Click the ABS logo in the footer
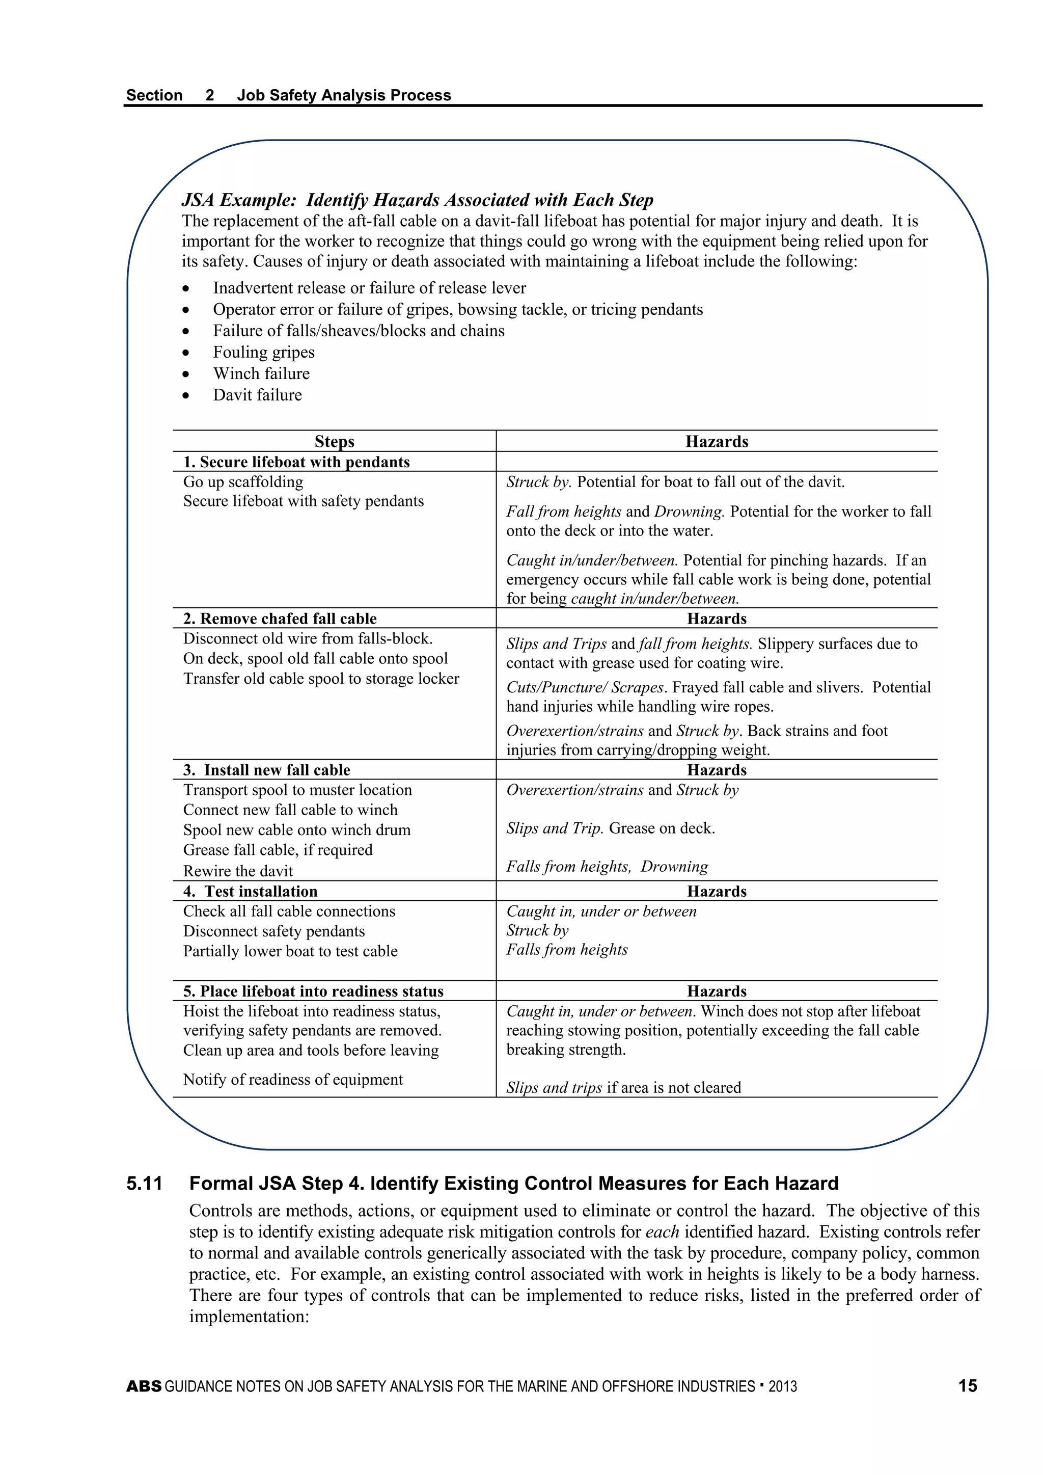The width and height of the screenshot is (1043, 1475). click(144, 1386)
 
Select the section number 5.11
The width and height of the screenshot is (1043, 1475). click(145, 1184)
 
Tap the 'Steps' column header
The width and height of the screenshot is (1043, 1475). click(334, 441)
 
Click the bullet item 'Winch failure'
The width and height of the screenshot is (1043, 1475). click(261, 374)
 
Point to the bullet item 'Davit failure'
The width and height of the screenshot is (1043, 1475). click(258, 395)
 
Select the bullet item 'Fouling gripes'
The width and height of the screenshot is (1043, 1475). click(264, 352)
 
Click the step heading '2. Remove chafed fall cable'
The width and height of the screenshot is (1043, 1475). click(280, 619)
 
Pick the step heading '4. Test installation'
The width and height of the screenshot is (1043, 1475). click(251, 891)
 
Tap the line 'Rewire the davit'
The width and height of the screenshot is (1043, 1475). click(238, 871)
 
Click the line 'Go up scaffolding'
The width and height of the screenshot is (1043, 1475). click(243, 482)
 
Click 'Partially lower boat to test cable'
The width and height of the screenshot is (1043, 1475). click(290, 951)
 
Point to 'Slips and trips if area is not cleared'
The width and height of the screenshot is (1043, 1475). click(623, 1088)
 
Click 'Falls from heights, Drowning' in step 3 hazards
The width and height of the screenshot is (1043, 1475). click(607, 867)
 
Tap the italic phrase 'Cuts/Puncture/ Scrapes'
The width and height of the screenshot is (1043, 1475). click(585, 687)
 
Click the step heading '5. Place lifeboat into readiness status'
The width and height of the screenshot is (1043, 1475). click(313, 991)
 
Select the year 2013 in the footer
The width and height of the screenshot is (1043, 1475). click(782, 1386)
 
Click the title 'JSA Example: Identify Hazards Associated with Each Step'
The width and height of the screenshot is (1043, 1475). click(418, 200)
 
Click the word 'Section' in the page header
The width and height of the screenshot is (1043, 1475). click(154, 95)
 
